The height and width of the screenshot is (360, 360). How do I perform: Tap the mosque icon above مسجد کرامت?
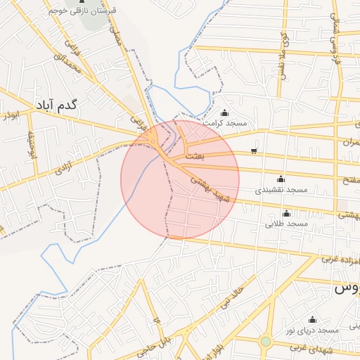[224, 113]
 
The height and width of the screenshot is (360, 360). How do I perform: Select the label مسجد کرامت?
[224, 124]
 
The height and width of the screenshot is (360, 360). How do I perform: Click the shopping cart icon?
[254, 150]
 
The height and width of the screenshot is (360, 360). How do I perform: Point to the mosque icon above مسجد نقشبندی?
[281, 179]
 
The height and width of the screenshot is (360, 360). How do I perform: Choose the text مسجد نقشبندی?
[281, 190]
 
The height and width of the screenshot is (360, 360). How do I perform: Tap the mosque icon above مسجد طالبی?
[286, 213]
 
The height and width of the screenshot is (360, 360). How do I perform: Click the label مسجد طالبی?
[286, 224]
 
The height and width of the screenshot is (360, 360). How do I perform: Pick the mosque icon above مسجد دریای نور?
[312, 320]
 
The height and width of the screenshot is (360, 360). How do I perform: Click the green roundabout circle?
[265, 342]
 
